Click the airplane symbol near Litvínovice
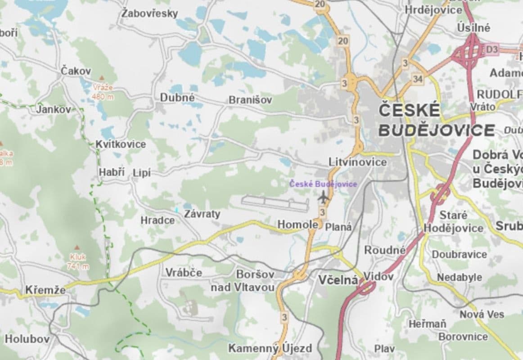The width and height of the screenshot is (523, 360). pyautogui.click(x=323, y=197)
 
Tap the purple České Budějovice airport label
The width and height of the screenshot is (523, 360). pyautogui.click(x=323, y=184)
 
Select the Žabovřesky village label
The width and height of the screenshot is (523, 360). pyautogui.click(x=149, y=13)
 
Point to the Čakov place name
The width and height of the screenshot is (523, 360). pyautogui.click(x=76, y=71)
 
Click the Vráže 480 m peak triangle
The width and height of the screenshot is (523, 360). pyautogui.click(x=102, y=79)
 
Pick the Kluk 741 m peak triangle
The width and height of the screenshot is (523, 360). pyautogui.click(x=77, y=248)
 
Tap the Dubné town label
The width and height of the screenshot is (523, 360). pyautogui.click(x=177, y=98)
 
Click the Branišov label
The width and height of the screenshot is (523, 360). pyautogui.click(x=250, y=100)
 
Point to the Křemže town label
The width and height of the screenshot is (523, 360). pyautogui.click(x=45, y=290)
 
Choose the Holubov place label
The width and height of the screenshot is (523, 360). pyautogui.click(x=27, y=339)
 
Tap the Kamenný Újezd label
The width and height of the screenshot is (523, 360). pyautogui.click(x=270, y=348)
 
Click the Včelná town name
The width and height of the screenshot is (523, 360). pyautogui.click(x=338, y=280)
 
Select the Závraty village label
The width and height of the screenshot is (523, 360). pyautogui.click(x=202, y=214)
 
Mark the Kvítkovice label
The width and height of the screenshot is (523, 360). pyautogui.click(x=121, y=144)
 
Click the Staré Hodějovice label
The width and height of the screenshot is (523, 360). pyautogui.click(x=453, y=222)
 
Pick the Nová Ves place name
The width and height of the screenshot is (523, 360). pyautogui.click(x=482, y=314)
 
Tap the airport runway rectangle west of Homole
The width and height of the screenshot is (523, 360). pyautogui.click(x=275, y=203)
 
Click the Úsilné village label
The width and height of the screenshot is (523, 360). pyautogui.click(x=473, y=27)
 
